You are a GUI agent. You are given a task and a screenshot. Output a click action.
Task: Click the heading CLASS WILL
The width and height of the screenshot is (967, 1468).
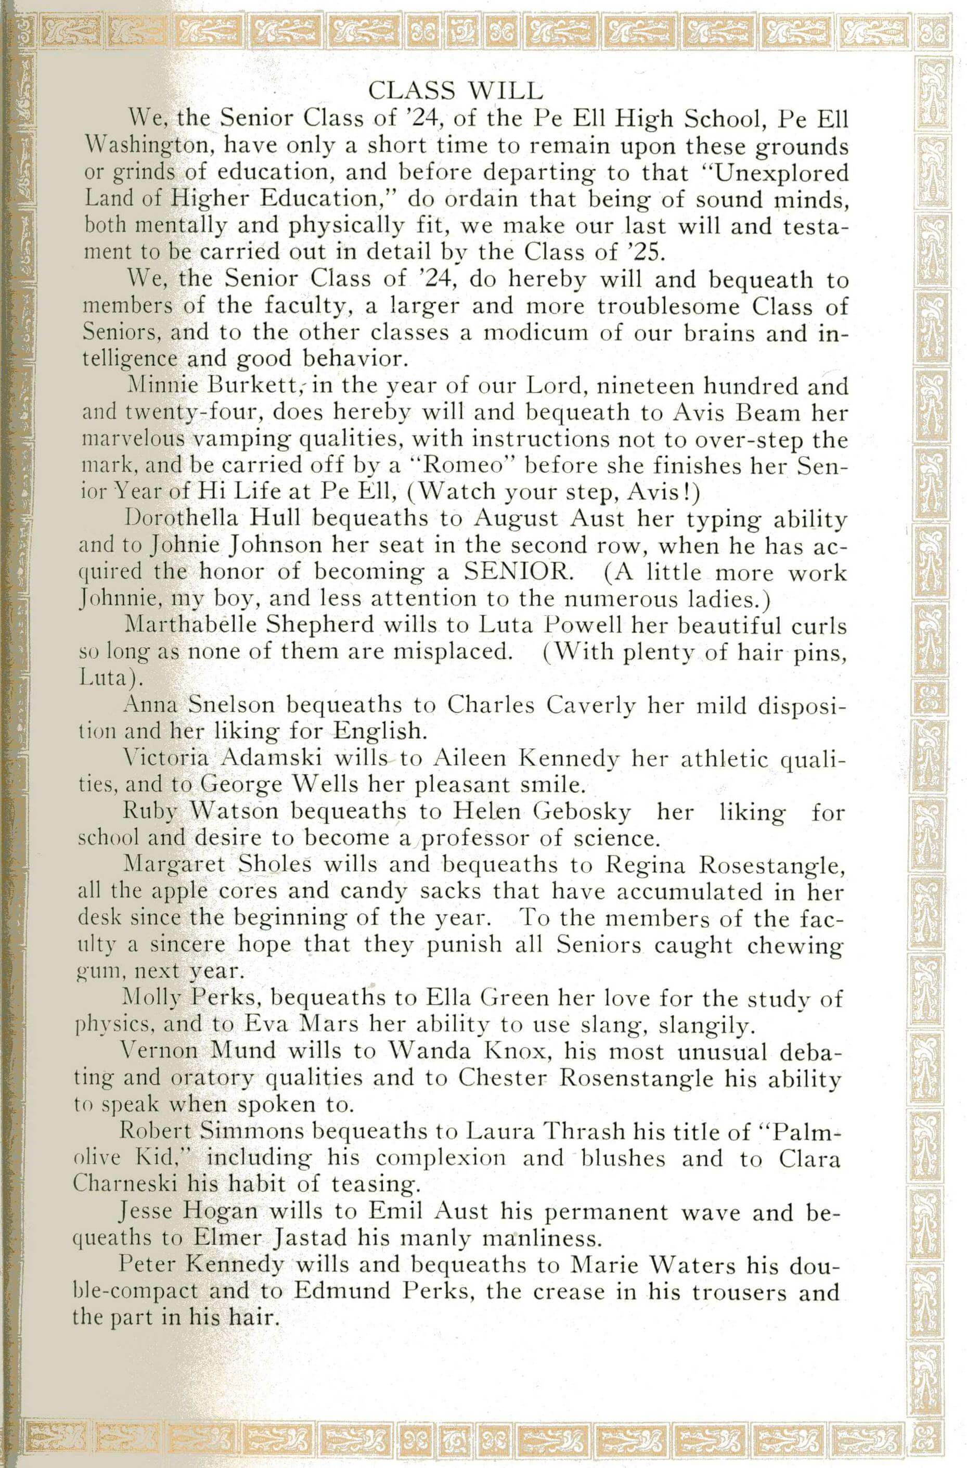(x=455, y=91)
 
